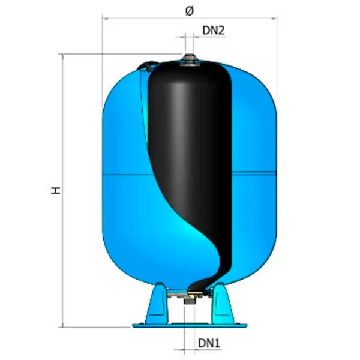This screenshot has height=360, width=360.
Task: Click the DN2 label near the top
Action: pyautogui.click(x=213, y=31)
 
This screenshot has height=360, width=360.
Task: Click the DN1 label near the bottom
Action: pyautogui.click(x=209, y=343)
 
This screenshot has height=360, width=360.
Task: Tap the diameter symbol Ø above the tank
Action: pyautogui.click(x=190, y=11)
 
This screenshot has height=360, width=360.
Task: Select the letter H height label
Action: pyautogui.click(x=55, y=190)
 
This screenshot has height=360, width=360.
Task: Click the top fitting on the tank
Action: pyautogui.click(x=189, y=59)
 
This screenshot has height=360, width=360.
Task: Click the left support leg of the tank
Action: pyautogui.click(x=157, y=303)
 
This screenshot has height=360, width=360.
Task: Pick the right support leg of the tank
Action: pyautogui.click(x=222, y=303)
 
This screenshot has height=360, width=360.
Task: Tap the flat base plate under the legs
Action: pyautogui.click(x=190, y=325)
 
